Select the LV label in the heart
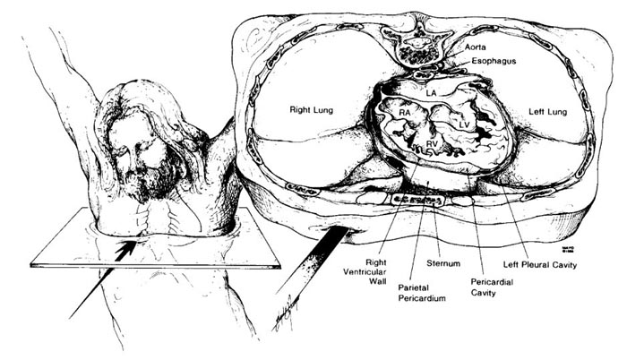(464, 118)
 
